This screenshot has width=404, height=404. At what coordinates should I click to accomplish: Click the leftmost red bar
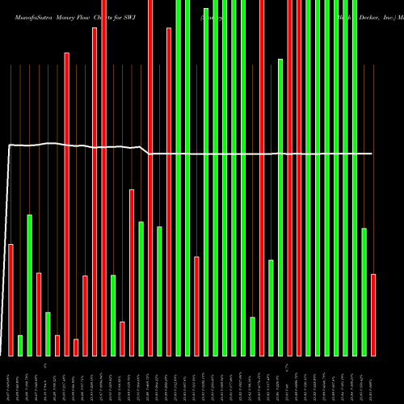coord(11,300)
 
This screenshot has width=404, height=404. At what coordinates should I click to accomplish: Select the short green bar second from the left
coord(20,345)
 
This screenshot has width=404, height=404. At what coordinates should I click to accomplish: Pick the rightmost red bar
coord(373,315)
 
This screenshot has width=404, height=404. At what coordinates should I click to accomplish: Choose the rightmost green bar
coord(364,292)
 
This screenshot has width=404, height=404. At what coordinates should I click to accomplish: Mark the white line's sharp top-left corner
coord(9,145)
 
